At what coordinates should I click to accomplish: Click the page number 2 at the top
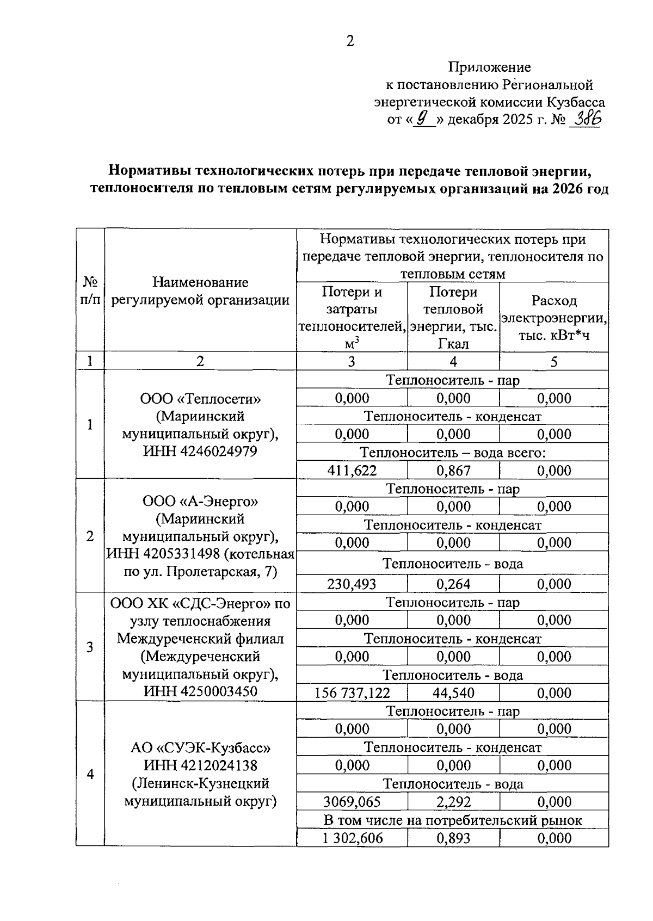click(350, 41)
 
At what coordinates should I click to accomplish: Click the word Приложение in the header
click(489, 67)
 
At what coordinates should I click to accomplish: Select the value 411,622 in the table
click(352, 471)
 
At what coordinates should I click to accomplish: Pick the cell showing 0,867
click(453, 471)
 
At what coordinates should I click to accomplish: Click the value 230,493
click(352, 584)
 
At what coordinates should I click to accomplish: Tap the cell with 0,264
click(453, 584)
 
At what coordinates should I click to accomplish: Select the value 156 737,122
click(352, 693)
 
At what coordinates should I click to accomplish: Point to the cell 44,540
click(453, 693)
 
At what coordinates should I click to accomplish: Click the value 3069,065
click(352, 802)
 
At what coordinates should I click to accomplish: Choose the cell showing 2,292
click(453, 802)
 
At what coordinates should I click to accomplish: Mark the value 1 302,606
click(352, 838)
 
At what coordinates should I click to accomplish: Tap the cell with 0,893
click(453, 838)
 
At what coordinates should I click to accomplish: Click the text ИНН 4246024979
click(200, 452)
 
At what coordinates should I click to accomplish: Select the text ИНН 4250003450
click(200, 691)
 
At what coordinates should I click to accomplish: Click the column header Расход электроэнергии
click(554, 318)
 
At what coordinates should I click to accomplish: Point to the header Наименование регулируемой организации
click(200, 291)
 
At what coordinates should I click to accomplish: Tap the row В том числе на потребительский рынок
click(452, 820)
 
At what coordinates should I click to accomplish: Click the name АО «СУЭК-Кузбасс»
click(200, 747)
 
